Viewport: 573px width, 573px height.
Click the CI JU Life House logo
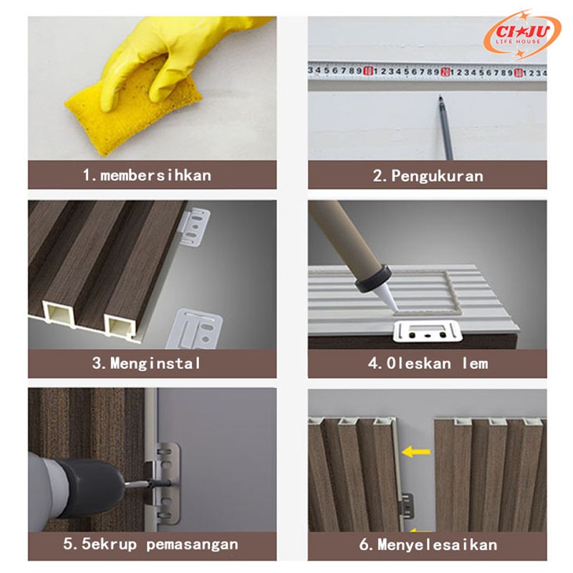[522, 34]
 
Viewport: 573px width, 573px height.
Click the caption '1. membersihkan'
[147, 175]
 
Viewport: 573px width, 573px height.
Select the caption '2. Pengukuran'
[428, 176]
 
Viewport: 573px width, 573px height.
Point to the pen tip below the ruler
[440, 97]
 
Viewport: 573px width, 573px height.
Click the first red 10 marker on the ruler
[369, 71]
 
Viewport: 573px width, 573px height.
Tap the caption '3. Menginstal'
[147, 363]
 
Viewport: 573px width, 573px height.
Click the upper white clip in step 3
[195, 227]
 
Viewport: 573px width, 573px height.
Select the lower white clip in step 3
[194, 329]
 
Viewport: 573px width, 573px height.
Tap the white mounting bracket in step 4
[428, 332]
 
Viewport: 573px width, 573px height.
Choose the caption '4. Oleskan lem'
[428, 364]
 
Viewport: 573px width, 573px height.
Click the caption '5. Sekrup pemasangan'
[150, 544]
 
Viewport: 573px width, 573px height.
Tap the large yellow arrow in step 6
[416, 452]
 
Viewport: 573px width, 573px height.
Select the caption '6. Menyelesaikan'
[428, 544]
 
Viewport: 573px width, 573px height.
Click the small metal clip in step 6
[407, 506]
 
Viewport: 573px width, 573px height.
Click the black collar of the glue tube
[373, 278]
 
